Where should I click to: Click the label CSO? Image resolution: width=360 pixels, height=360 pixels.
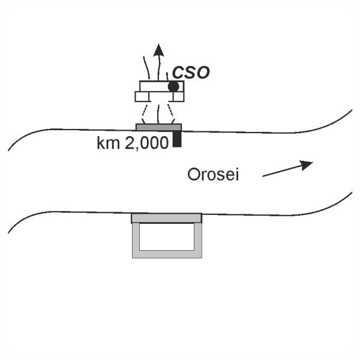[x=191, y=73]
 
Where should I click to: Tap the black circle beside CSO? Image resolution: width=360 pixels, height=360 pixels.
[x=173, y=86]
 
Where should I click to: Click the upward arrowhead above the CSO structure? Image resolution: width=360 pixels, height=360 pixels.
[x=158, y=50]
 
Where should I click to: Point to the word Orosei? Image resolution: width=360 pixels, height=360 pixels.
[x=212, y=175]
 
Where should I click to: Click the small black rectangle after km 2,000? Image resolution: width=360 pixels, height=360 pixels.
[x=176, y=139]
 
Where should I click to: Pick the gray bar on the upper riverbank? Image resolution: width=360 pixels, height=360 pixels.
[x=158, y=127]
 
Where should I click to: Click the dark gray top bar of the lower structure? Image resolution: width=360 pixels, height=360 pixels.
[x=167, y=218]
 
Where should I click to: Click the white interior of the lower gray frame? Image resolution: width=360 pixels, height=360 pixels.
[x=167, y=237]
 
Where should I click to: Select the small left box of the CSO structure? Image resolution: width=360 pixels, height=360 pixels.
[x=142, y=97]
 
